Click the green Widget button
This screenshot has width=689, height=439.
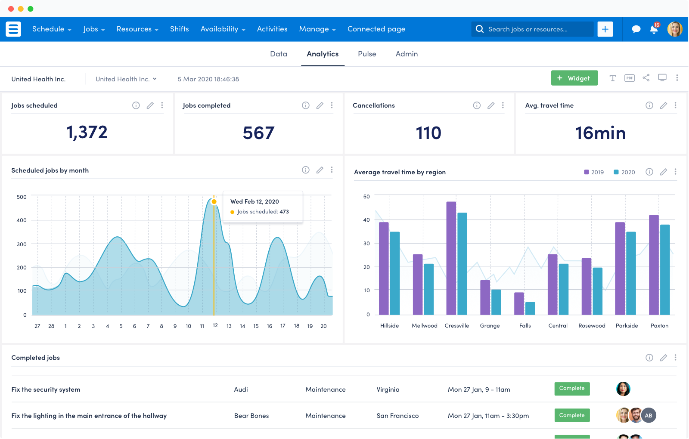[x=574, y=78]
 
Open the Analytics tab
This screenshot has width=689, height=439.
[x=323, y=54]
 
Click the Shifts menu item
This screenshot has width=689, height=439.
[x=179, y=29]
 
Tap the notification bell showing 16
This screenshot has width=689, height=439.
[x=654, y=30]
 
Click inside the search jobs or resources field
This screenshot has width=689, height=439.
[x=534, y=29]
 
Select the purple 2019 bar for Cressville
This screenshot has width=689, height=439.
[x=451, y=258]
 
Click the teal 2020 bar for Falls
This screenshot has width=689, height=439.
[x=530, y=308]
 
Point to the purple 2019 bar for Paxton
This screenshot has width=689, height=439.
[x=654, y=265]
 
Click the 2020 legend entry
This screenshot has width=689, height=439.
[x=624, y=172]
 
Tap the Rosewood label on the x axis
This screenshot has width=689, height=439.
[x=592, y=326]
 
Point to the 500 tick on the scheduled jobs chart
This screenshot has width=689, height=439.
[x=22, y=197]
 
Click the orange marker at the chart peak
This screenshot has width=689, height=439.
[x=214, y=201]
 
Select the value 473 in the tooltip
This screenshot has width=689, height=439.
[x=284, y=212]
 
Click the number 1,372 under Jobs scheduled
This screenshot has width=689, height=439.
[x=87, y=132]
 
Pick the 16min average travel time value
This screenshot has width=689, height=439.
[x=600, y=133]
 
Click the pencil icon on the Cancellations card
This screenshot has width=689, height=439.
[x=491, y=105]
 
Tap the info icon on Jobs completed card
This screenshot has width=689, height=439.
[x=306, y=105]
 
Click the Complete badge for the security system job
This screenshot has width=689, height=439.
[x=572, y=389]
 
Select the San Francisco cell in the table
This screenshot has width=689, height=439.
[x=397, y=416]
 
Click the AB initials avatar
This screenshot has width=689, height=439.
[x=649, y=415]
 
